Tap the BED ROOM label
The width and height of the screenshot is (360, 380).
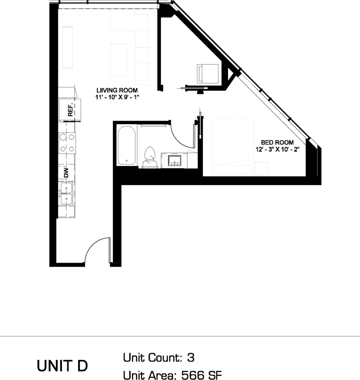point(277,142)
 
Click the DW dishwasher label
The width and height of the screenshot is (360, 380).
point(66,172)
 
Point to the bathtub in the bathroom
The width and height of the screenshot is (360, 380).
point(127,145)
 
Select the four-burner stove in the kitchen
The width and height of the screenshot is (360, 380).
point(67,142)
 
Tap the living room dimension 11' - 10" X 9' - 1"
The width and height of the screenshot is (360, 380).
point(117,98)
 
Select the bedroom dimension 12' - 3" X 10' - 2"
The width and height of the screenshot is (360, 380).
point(277,149)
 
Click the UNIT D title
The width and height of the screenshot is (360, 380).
point(62,366)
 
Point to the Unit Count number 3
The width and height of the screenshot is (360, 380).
point(190,358)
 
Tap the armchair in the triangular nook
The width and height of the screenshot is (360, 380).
point(208,73)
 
